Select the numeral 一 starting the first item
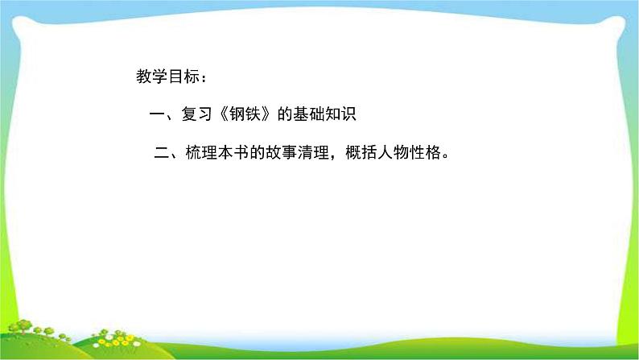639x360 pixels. [156, 115]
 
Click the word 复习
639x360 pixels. [196, 115]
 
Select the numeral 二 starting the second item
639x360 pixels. [159, 153]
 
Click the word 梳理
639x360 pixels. [199, 153]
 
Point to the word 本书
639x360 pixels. [231, 153]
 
